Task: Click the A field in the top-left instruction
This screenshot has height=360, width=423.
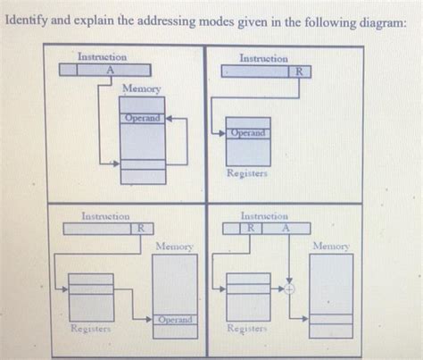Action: pyautogui.click(x=110, y=69)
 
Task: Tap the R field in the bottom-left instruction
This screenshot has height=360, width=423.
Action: pyautogui.click(x=139, y=229)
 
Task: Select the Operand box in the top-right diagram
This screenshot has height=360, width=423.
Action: pyautogui.click(x=247, y=133)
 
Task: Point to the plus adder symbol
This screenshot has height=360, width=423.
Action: pyautogui.click(x=289, y=289)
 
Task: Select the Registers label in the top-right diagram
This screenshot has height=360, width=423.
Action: pyautogui.click(x=247, y=174)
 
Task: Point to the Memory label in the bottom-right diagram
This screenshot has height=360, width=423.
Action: pyautogui.click(x=330, y=245)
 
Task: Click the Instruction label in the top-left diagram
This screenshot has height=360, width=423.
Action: pyautogui.click(x=102, y=56)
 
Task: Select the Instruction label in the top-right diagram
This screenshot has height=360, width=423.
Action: pyautogui.click(x=263, y=58)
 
